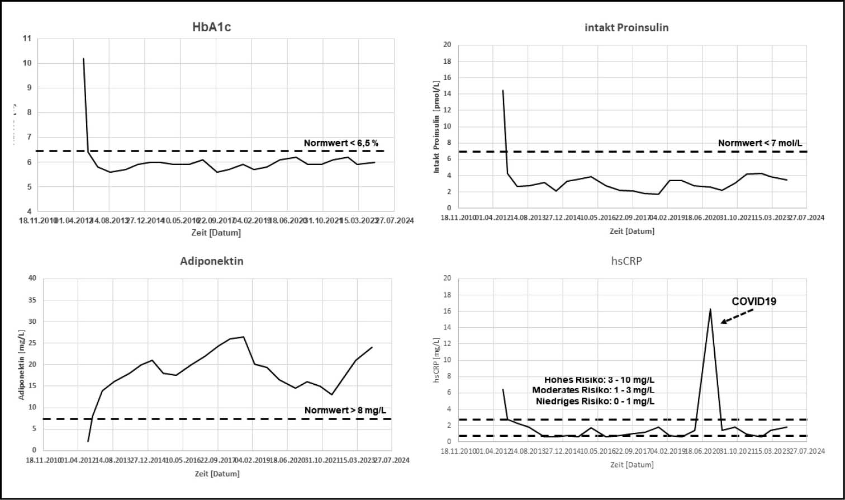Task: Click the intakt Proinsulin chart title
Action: tap(626, 27)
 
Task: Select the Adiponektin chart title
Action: tap(211, 261)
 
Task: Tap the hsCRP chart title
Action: tap(626, 261)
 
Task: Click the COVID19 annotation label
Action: tap(754, 301)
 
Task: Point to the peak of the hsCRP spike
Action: tap(710, 309)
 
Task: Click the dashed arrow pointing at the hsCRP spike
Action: tap(737, 316)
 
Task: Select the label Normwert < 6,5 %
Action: tap(341, 143)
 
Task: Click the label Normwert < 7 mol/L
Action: tap(754, 143)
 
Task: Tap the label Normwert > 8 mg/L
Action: tap(345, 411)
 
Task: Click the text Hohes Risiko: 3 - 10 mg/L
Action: tap(599, 380)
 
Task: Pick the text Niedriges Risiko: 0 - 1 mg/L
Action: tap(595, 401)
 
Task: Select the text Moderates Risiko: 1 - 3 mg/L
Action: tap(593, 390)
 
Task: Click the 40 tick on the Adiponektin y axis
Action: tap(32, 278)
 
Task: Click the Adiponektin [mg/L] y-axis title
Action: tap(22, 364)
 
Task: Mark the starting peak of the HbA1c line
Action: tap(83, 58)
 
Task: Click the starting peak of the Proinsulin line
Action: tap(503, 90)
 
